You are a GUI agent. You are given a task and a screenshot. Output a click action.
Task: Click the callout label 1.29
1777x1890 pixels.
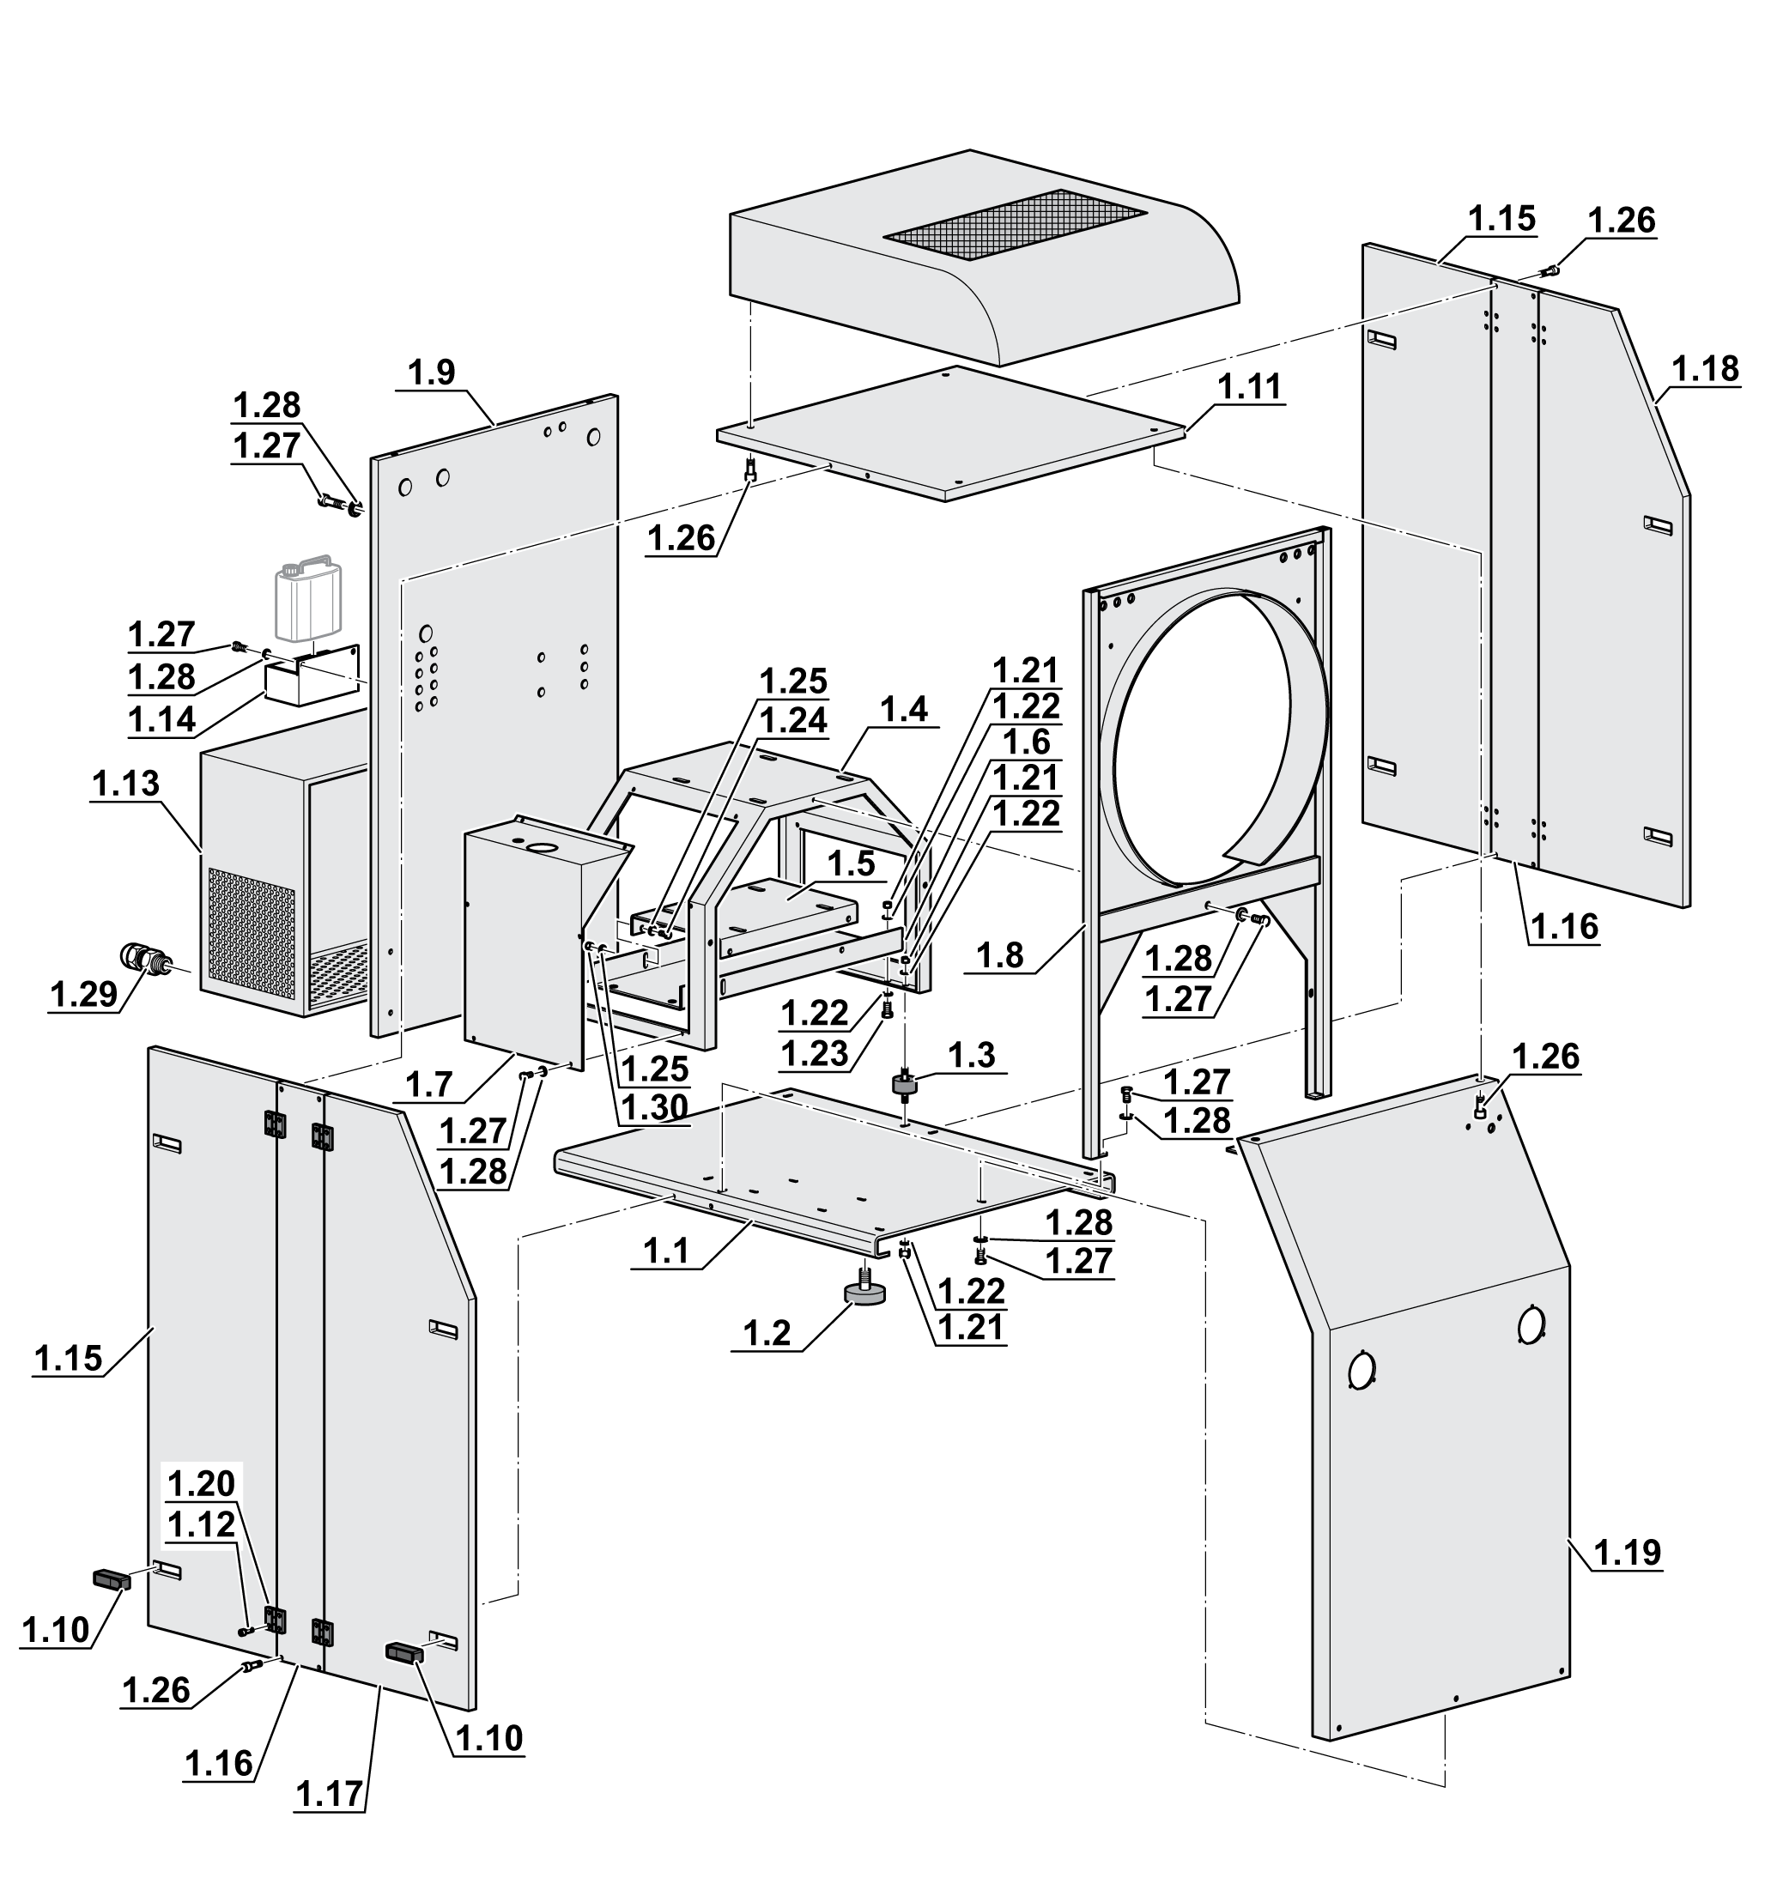[x=82, y=996]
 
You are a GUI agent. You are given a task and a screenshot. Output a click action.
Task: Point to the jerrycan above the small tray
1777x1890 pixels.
[x=308, y=602]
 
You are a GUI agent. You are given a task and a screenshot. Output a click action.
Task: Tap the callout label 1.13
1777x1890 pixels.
[x=125, y=784]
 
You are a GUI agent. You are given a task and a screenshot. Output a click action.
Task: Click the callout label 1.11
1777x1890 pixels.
[x=1249, y=387]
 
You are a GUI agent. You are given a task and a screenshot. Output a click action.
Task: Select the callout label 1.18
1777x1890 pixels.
[x=1706, y=369]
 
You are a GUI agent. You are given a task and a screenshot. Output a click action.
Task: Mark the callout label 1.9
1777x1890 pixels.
[x=432, y=373]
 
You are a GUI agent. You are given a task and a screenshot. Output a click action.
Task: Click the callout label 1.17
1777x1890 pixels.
[x=330, y=1794]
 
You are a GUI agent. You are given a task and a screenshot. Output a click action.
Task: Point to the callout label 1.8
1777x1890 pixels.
[x=1000, y=955]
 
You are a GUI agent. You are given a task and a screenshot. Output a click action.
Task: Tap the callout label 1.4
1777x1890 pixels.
[x=903, y=709]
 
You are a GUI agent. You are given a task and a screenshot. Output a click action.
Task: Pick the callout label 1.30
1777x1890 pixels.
[x=654, y=1107]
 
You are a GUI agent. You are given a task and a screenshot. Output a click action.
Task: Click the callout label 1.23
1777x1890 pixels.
[x=814, y=1053]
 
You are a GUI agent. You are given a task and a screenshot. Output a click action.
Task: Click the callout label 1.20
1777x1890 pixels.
[x=201, y=1482]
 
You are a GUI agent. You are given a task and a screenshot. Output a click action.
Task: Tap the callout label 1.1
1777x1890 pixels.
[x=665, y=1251]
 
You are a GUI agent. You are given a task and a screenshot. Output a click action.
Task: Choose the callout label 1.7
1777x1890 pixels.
[x=429, y=1085]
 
